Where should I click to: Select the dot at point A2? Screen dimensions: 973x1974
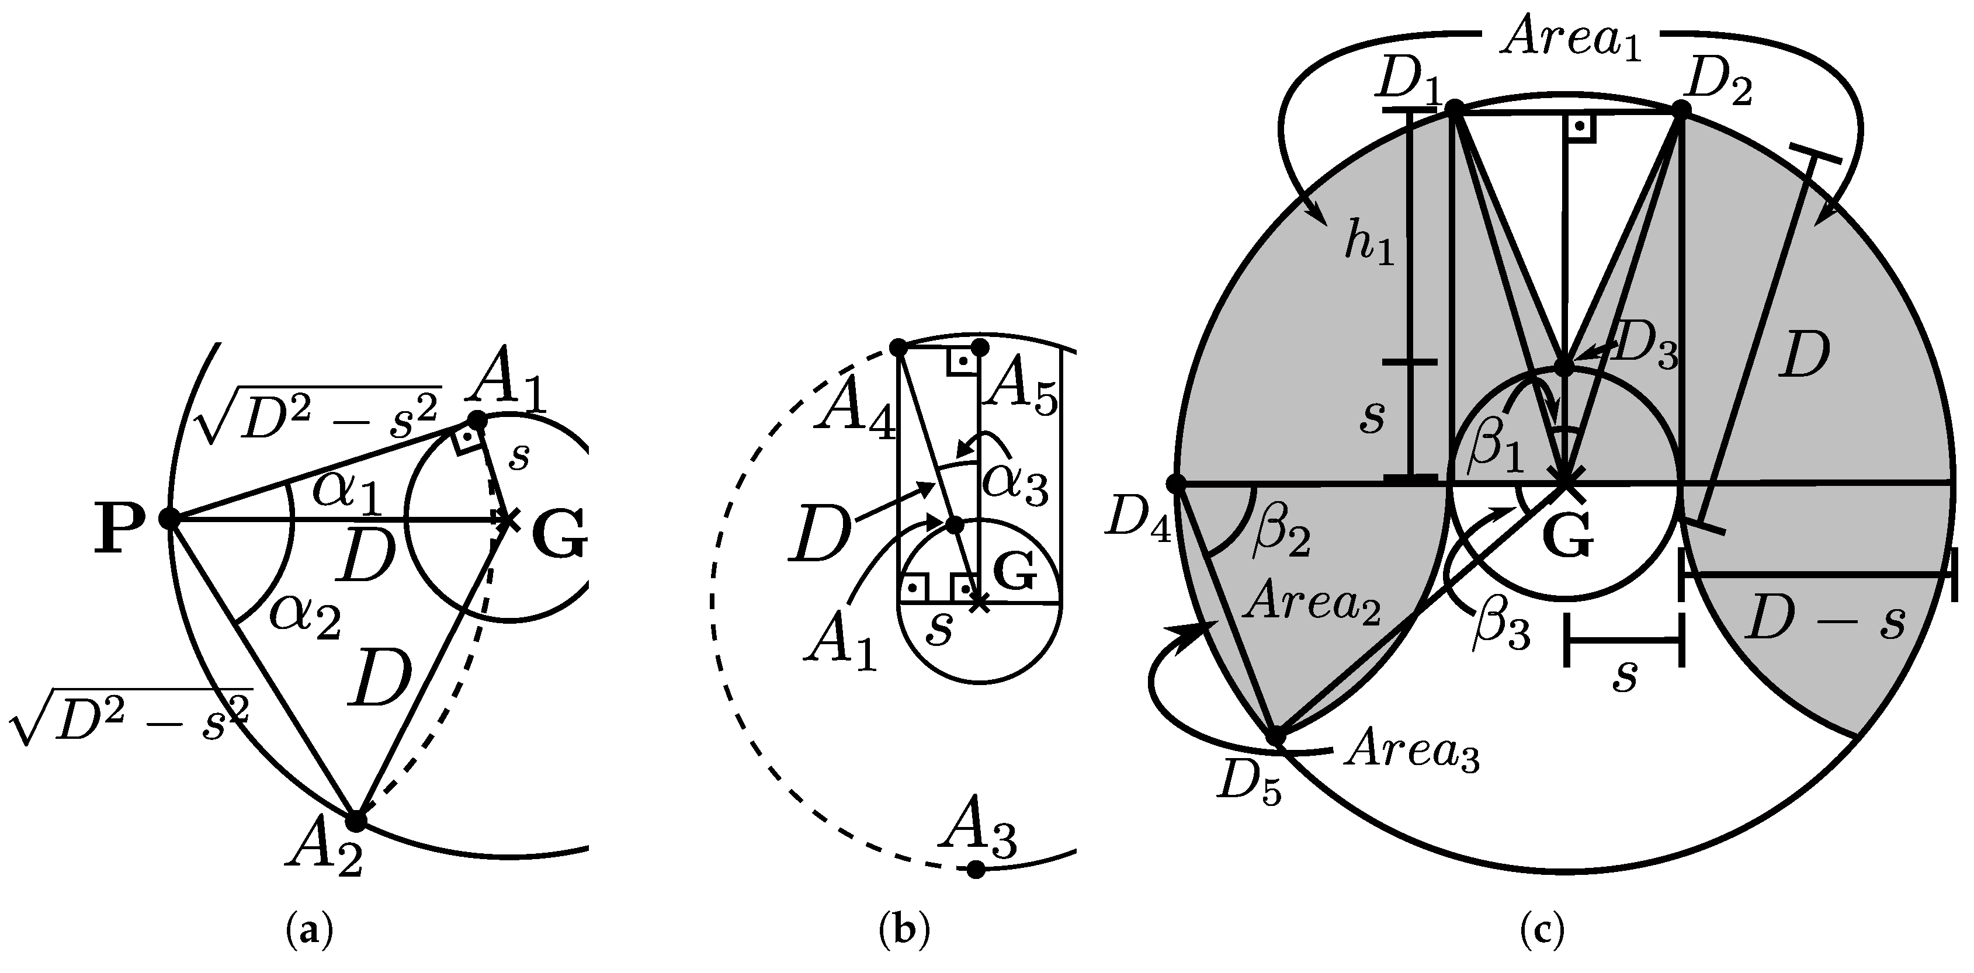(x=356, y=821)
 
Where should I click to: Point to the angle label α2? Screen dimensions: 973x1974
(x=305, y=616)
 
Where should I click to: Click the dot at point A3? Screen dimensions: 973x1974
(x=976, y=869)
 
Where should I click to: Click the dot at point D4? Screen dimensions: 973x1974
(x=1175, y=484)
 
